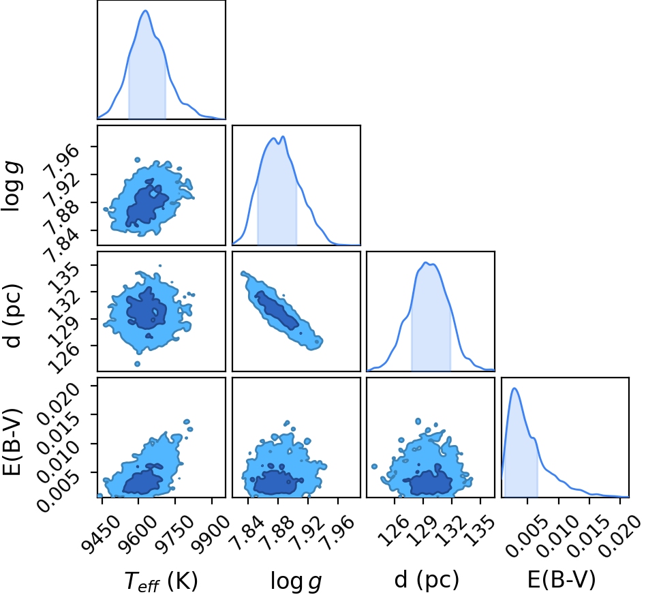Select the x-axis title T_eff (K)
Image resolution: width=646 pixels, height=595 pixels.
pos(161,581)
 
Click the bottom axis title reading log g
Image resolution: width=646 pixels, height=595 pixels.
pos(296,581)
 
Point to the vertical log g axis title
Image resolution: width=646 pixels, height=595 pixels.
pos(12,187)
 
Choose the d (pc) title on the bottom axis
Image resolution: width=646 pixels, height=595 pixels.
pos(427,580)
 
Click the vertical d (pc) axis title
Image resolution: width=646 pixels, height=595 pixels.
pos(12,316)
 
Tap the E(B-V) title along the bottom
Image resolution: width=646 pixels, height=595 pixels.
pos(562,580)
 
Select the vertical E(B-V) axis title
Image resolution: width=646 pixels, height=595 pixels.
pos(12,442)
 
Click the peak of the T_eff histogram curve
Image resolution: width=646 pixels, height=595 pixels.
pos(145,10)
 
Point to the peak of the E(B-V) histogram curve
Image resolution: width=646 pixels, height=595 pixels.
pos(514,388)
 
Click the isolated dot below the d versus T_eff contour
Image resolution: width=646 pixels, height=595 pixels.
pos(137,364)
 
